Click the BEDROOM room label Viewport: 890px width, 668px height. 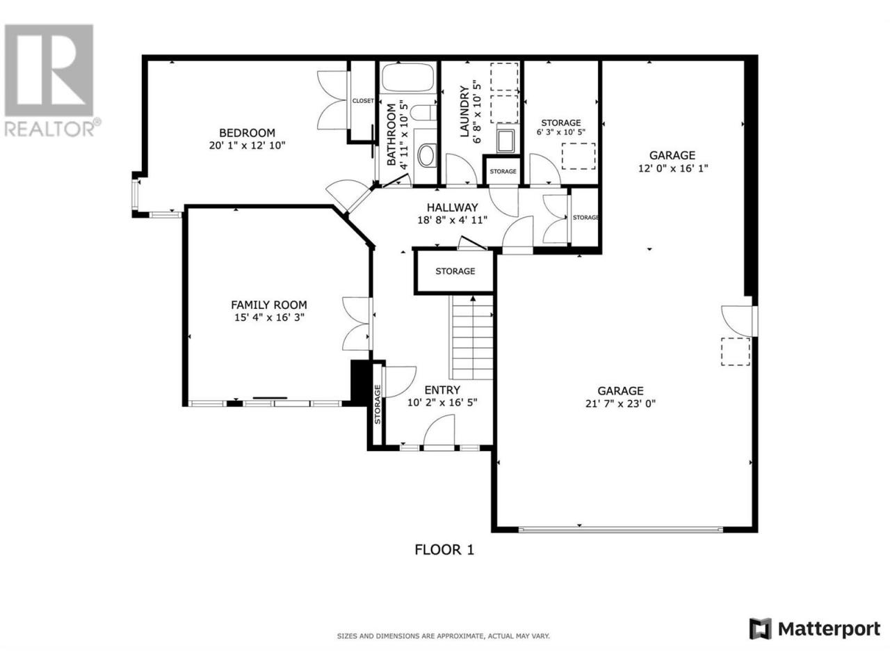(x=247, y=133)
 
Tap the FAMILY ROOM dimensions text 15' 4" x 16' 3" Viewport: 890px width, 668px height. (x=269, y=317)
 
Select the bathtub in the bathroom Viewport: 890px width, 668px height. (x=408, y=77)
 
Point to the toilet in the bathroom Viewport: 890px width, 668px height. (x=423, y=112)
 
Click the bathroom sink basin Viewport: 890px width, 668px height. (x=426, y=155)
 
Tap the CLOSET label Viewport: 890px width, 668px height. (x=363, y=101)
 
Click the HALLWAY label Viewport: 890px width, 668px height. (x=452, y=207)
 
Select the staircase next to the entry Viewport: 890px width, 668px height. (x=471, y=337)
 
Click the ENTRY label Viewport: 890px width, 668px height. (x=442, y=390)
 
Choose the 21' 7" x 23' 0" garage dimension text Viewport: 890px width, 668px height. (x=620, y=404)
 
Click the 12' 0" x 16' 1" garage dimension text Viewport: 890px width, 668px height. (x=673, y=168)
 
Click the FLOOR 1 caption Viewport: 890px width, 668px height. (x=444, y=550)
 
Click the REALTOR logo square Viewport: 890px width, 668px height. (x=49, y=70)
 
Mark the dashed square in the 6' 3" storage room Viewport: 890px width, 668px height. (x=578, y=156)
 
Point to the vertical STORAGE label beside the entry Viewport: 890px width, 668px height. (x=378, y=404)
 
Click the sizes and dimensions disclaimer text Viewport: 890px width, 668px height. (x=443, y=637)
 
